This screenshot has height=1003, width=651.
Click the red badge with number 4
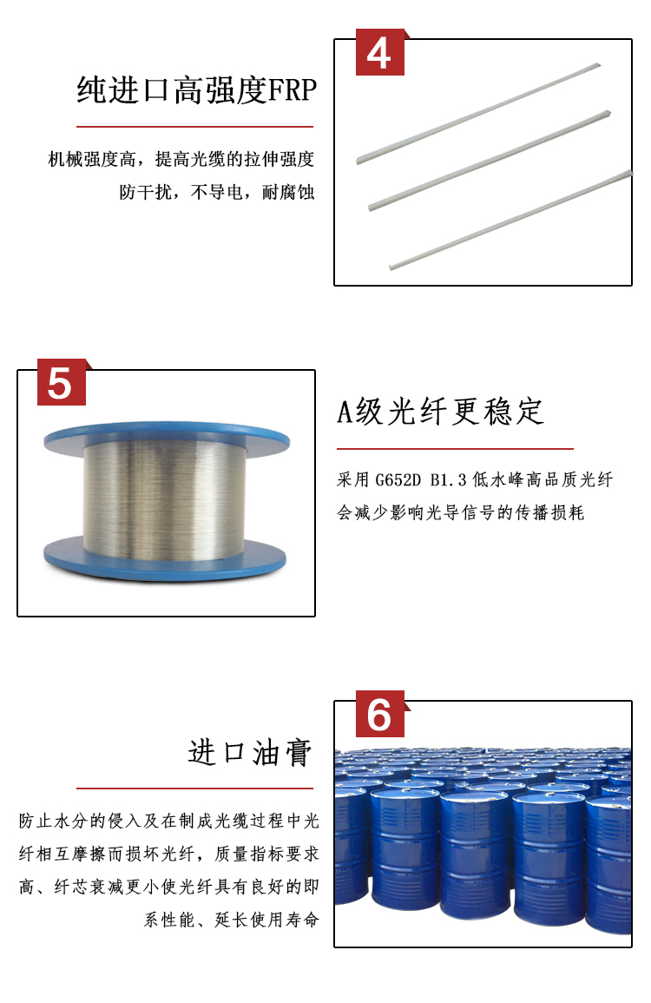point(380,52)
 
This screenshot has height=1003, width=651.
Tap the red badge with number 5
point(62,382)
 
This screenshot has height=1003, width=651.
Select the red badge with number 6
point(380,714)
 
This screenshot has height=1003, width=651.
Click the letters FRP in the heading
point(293,90)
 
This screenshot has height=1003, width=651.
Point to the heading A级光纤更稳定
point(441,412)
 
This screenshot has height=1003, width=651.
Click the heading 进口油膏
point(250,752)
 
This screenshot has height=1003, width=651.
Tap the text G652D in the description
point(398,479)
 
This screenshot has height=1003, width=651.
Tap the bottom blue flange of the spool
point(165,558)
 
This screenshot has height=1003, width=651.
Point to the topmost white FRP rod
point(478,113)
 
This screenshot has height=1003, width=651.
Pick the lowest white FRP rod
point(511,220)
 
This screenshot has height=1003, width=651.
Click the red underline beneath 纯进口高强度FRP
point(195,127)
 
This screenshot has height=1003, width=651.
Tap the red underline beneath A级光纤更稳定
point(456,449)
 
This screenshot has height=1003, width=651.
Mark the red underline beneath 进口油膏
point(195,789)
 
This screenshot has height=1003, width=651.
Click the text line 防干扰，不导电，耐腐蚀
point(217,192)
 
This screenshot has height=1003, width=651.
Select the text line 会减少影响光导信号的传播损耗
point(460,512)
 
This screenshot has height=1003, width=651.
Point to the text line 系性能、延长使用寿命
point(231,920)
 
